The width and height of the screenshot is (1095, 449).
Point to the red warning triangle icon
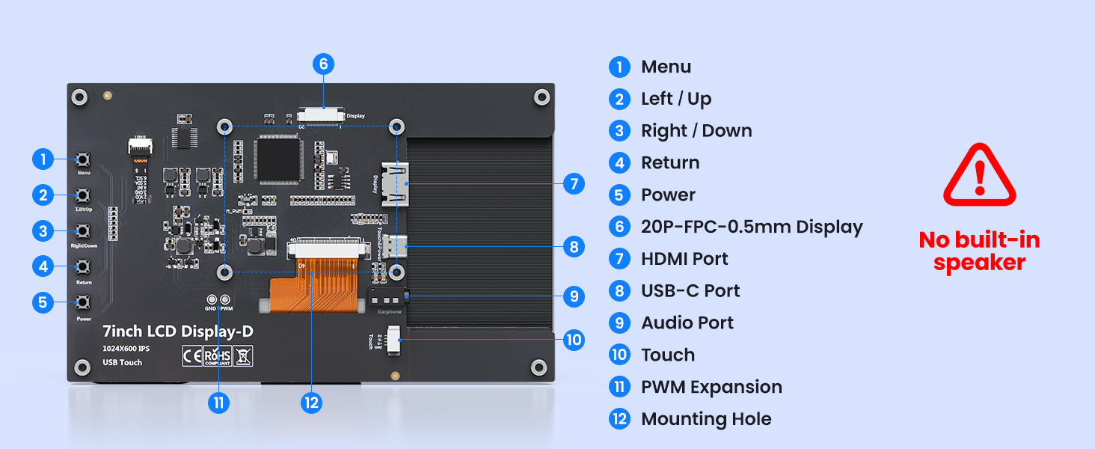979,177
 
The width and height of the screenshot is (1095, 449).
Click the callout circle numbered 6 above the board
323,64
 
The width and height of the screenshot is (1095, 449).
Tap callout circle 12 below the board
311,403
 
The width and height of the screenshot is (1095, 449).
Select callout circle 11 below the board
218,403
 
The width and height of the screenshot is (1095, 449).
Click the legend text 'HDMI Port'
684,259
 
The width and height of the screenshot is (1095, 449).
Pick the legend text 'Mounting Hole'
706,419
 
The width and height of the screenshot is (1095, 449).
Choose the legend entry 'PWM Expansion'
711,387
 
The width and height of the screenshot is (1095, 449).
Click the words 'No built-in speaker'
979,251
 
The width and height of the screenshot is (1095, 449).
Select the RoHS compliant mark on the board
217,355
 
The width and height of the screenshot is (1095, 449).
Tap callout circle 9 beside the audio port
574,296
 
